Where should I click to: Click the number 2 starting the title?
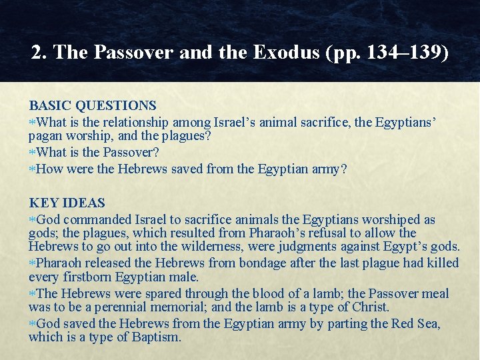(37, 53)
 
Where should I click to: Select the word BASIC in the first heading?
(50, 105)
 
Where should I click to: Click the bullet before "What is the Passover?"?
(32, 153)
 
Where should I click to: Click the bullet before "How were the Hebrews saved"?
(32, 169)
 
